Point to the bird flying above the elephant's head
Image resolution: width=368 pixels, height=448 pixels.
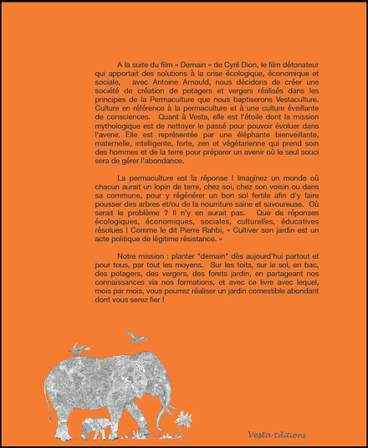click(x=135, y=337)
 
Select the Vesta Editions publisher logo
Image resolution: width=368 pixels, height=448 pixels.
click(x=277, y=434)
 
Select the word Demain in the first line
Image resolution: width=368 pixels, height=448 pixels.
click(x=173, y=64)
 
